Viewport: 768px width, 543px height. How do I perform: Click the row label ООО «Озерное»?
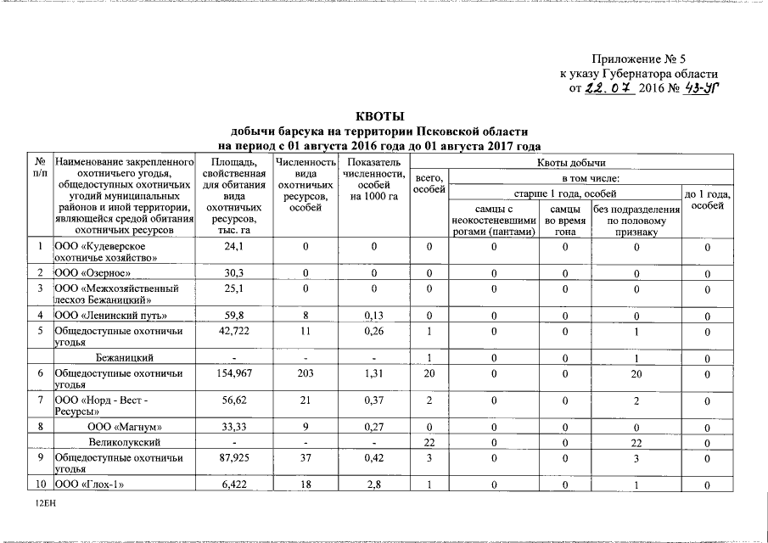point(92,272)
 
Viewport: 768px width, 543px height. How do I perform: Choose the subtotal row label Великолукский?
point(124,443)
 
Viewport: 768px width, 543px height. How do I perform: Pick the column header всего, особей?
point(429,183)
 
